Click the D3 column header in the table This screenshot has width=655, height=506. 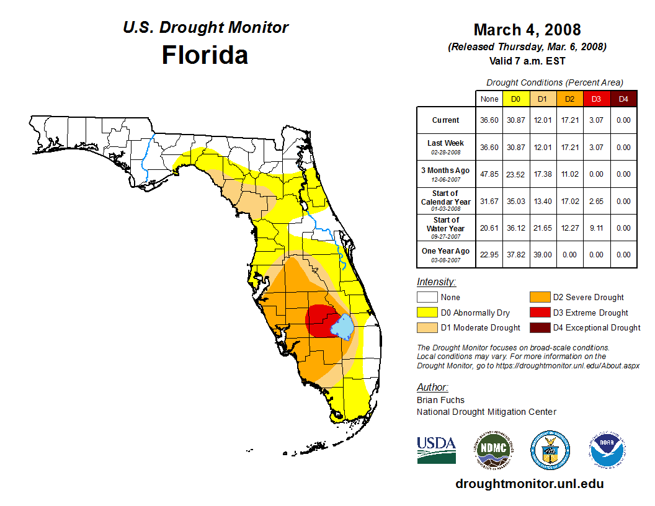tap(596, 99)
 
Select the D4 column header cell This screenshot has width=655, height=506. tap(623, 99)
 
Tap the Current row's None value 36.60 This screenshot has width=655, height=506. tap(489, 120)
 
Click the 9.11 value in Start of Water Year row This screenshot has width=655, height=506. tap(596, 228)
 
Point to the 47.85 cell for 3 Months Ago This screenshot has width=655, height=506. tap(489, 174)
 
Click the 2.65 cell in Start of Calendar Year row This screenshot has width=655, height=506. tap(596, 202)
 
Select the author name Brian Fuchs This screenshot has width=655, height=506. tap(440, 400)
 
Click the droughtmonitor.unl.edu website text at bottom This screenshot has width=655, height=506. tap(529, 484)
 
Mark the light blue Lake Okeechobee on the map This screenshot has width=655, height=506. tap(342, 326)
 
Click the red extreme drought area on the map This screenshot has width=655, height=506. tap(319, 319)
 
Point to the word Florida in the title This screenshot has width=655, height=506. tap(205, 55)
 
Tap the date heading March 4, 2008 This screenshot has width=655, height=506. tap(527, 30)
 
